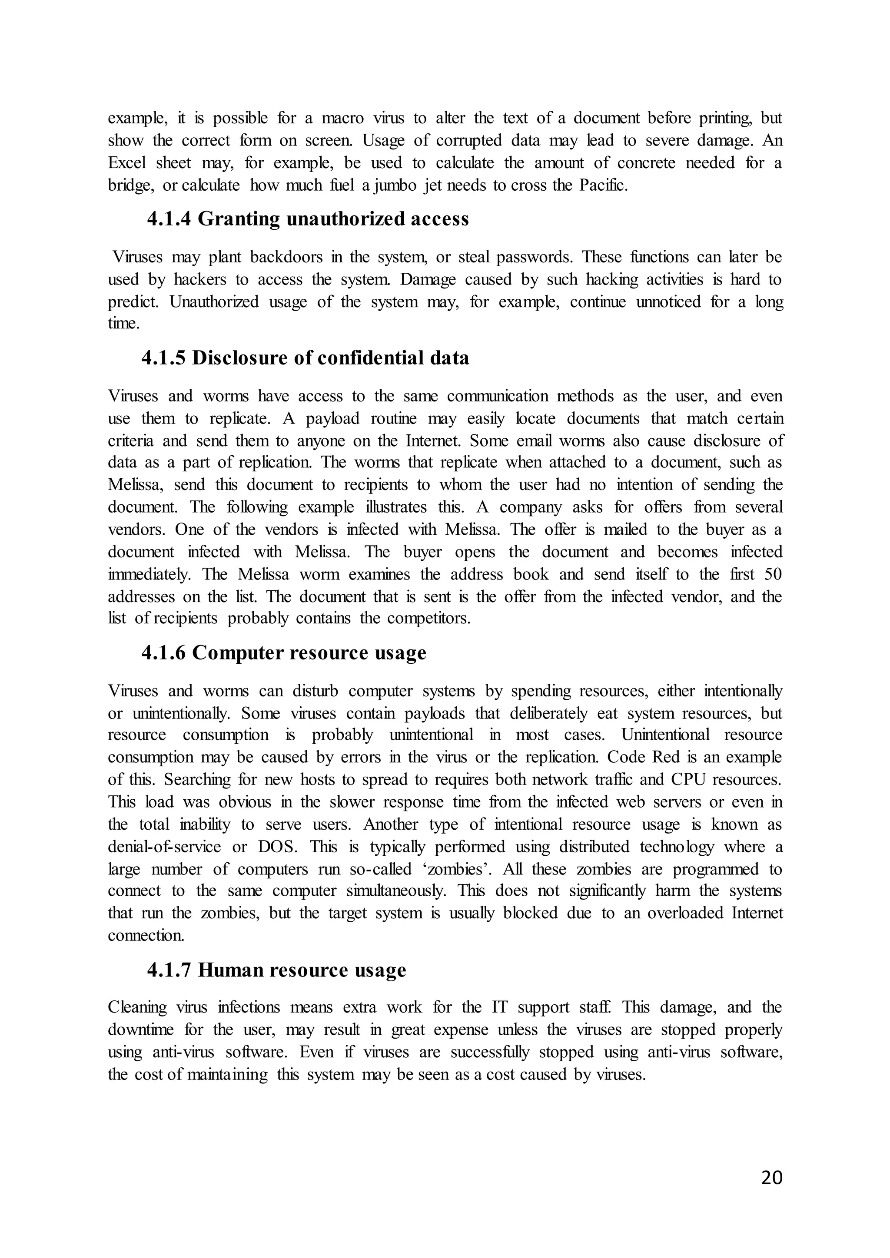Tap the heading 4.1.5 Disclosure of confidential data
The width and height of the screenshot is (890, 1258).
pos(305,358)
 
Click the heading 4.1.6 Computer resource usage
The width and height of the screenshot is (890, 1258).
pos(284,652)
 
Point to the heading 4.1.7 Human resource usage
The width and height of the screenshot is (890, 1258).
pos(277,970)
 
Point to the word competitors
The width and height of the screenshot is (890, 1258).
pos(428,618)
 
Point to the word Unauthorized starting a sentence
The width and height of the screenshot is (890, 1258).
pos(214,301)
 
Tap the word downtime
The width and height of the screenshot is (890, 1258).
pos(140,1029)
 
